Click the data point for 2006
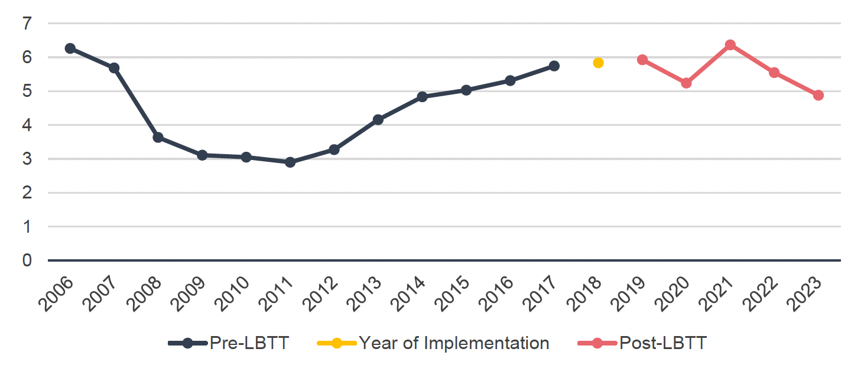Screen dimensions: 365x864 coord(70,48)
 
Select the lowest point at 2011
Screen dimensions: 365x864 coord(290,162)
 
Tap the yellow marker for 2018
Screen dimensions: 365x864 coord(598,63)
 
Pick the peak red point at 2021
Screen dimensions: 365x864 coord(730,45)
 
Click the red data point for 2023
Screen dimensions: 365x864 coord(818,95)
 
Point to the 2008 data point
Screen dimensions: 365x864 coord(158,137)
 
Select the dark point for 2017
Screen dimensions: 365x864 coord(554,66)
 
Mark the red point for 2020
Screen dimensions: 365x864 coord(686,83)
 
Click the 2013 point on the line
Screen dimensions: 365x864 coord(378,120)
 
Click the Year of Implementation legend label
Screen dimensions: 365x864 coord(454,343)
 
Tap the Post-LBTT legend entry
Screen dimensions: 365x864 coord(662,343)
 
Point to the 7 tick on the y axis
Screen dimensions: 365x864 coord(27,24)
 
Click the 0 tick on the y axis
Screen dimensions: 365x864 coord(27,260)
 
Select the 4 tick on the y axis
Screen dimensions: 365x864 coord(27,125)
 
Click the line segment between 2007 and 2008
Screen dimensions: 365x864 coord(136,102)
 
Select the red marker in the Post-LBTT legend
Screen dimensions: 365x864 coord(597,343)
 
